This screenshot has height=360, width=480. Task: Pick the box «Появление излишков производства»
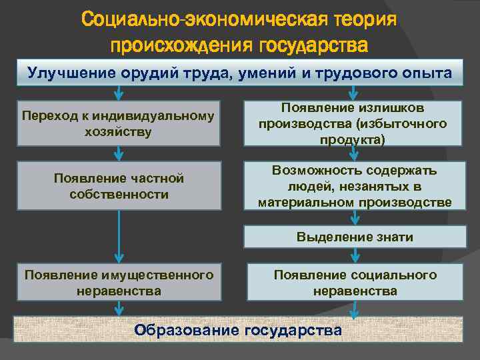coord(355,123)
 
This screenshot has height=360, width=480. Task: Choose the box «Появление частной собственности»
coord(119,186)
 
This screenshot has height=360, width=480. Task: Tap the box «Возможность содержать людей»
coord(355,186)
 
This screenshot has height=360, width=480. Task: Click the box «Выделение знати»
coord(355,237)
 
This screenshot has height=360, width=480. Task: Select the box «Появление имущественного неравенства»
coord(119,283)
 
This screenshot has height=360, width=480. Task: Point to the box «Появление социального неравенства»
coord(355,283)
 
